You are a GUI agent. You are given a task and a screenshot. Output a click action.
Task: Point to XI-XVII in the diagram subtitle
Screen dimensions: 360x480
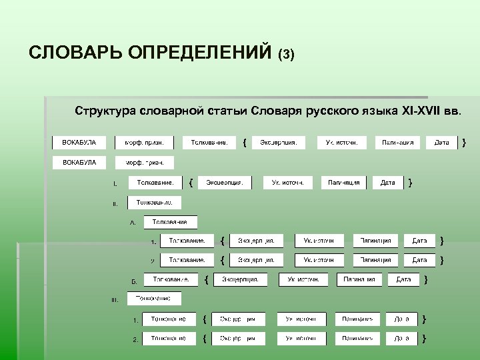pyautogui.click(x=421, y=109)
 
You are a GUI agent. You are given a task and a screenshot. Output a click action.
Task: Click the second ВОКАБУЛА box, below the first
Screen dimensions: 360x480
pyautogui.click(x=79, y=162)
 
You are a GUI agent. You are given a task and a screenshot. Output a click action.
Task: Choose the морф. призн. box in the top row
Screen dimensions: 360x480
pyautogui.click(x=145, y=142)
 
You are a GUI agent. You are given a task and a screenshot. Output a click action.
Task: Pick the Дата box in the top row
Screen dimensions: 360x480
pyautogui.click(x=441, y=142)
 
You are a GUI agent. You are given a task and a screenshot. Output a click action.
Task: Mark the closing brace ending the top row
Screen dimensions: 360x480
pyautogui.click(x=464, y=142)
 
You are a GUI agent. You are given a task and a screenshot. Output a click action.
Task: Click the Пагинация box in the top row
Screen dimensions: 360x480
pyautogui.click(x=397, y=142)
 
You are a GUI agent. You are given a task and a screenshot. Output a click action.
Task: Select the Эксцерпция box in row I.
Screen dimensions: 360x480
pyautogui.click(x=224, y=182)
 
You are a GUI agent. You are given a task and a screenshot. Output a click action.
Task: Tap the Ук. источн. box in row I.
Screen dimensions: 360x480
pyautogui.click(x=288, y=182)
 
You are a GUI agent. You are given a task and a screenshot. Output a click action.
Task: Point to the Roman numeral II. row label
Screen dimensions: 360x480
pyautogui.click(x=115, y=204)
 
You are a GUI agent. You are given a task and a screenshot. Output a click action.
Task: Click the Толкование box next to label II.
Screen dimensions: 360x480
pyautogui.click(x=155, y=202)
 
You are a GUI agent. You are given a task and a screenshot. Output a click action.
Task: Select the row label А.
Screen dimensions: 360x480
pyautogui.click(x=133, y=223)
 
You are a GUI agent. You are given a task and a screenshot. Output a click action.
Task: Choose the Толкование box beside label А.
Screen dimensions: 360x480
pyautogui.click(x=170, y=222)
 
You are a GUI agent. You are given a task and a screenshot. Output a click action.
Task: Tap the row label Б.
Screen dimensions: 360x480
pyautogui.click(x=133, y=281)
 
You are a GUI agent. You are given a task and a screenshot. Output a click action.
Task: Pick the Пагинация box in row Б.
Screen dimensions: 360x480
pyautogui.click(x=359, y=279)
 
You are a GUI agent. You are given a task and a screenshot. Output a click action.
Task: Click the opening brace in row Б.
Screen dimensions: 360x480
pyautogui.click(x=206, y=279)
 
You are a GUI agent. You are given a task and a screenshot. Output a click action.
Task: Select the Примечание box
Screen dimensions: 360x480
pyautogui.click(x=153, y=298)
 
